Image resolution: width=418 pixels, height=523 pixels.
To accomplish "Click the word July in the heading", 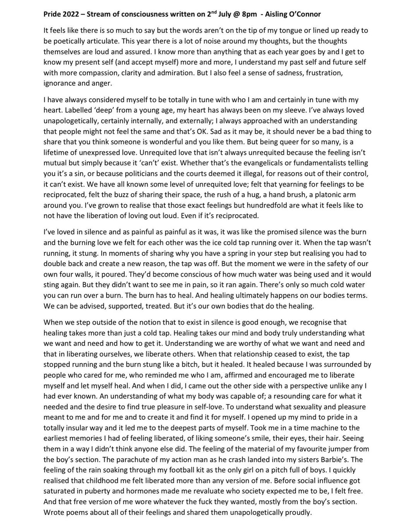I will click(x=226, y=14).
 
